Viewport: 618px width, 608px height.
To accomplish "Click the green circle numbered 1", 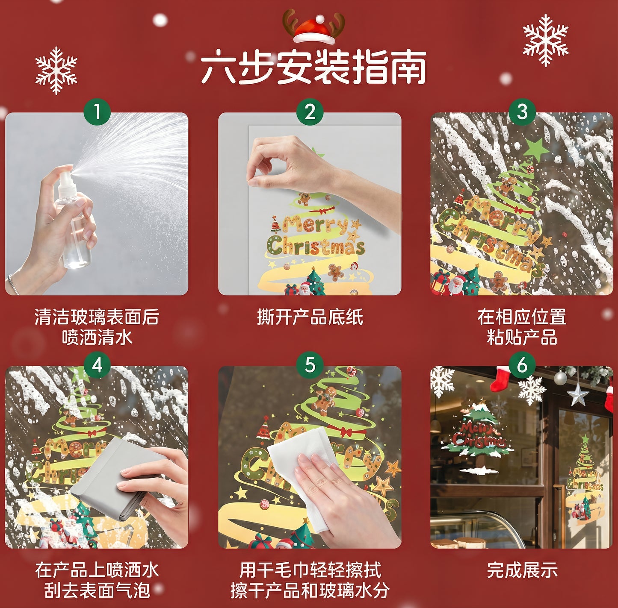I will coord(97,112).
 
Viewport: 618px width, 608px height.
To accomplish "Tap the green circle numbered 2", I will coord(310,112).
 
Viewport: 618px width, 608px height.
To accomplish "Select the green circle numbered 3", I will coord(522,112).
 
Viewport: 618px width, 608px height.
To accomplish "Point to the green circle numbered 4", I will coord(97,365).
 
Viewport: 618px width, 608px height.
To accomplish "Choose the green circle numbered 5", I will coord(310,365).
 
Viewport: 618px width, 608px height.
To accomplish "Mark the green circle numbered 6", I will coord(522,365).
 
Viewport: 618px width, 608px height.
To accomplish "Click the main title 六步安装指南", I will coord(313,68).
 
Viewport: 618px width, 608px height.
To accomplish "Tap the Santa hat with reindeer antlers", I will coord(314,27).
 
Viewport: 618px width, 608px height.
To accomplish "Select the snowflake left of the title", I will coord(56,70).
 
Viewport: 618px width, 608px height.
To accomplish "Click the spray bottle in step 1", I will coord(74,222).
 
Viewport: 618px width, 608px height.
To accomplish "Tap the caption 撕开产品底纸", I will coord(310,317).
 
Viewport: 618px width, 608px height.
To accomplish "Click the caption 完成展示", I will coord(522,570).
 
